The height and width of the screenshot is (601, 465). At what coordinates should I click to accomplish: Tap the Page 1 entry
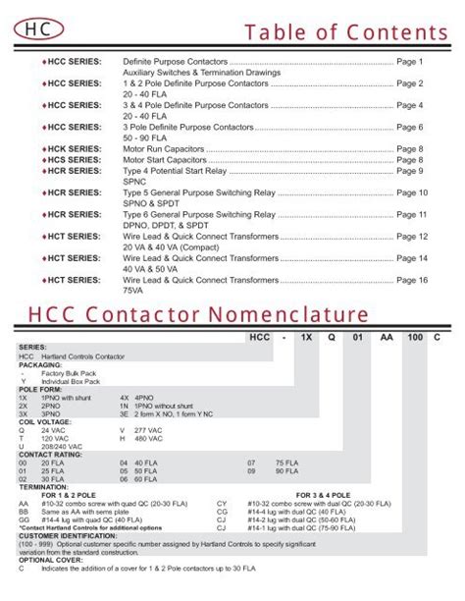(410, 62)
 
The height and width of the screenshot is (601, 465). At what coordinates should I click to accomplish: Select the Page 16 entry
(412, 280)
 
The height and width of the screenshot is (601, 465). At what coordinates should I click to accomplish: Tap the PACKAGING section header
(40, 365)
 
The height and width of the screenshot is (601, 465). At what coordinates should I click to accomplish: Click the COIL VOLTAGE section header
(43, 423)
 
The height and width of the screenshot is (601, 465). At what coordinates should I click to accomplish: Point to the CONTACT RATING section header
(48, 455)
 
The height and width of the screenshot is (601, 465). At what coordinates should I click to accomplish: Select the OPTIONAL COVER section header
(48, 561)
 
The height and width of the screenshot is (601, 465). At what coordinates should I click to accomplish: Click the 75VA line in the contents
(132, 291)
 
